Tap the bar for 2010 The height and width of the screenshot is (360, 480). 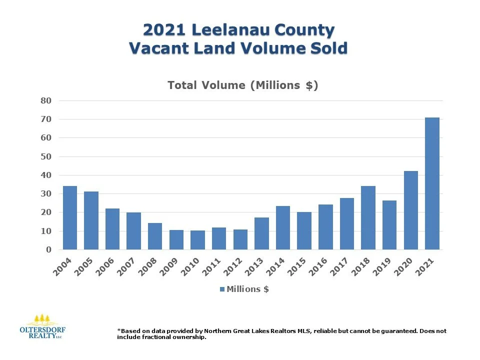coord(198,240)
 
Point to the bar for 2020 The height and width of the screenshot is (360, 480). coord(411,210)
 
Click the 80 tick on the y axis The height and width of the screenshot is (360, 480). coord(46,100)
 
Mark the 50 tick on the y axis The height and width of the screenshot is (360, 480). coord(46,156)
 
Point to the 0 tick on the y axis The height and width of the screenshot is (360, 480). coord(48,249)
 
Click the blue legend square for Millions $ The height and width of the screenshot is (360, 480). coord(222,289)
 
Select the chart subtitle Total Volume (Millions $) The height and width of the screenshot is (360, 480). coord(243,85)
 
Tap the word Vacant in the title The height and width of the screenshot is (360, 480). coord(159,49)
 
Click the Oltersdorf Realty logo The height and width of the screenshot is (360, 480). coord(41,327)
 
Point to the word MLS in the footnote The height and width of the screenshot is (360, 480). coord(298,331)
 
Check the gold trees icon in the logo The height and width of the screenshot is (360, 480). coord(41,319)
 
